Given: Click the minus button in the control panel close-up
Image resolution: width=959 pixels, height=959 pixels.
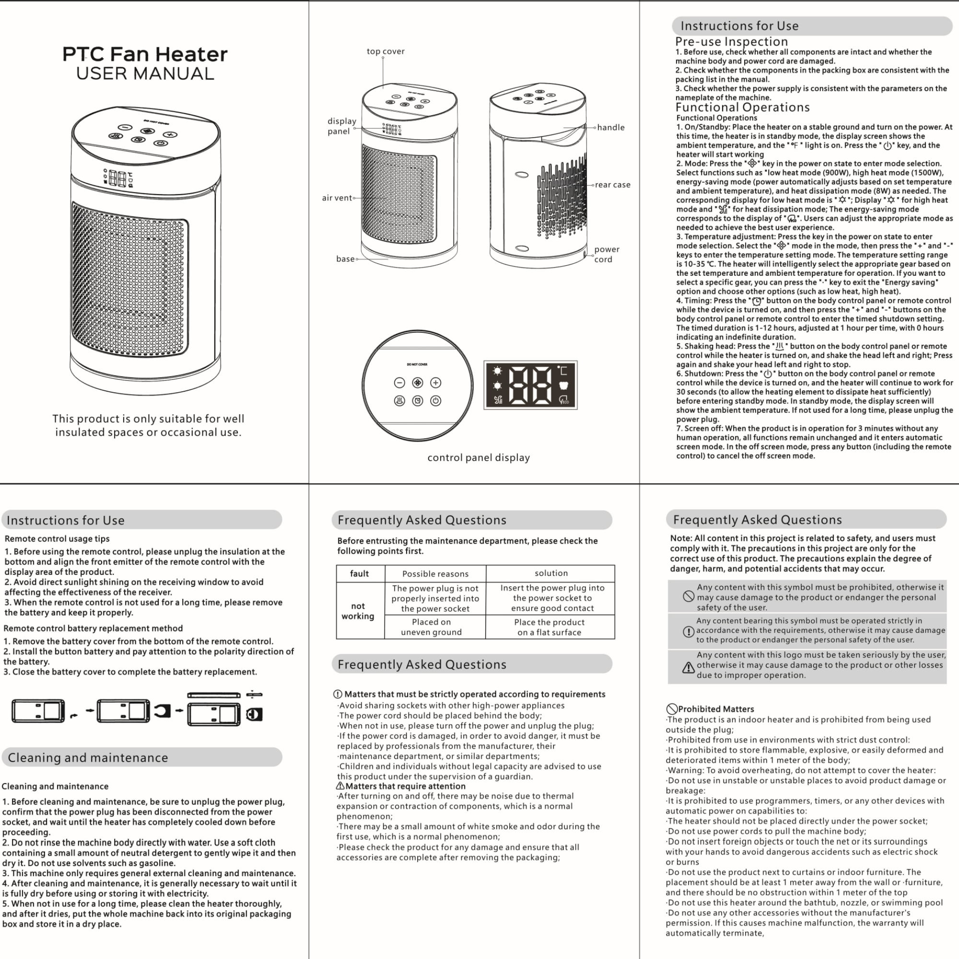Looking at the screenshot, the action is tap(399, 383).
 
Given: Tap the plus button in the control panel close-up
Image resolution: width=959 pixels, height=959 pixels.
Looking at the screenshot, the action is tap(435, 383).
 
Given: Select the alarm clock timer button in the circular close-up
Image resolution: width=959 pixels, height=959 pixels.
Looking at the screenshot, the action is tap(418, 400).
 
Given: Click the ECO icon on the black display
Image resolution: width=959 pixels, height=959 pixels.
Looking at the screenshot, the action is tap(564, 399).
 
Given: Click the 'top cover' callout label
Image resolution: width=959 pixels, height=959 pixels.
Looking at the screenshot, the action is tap(386, 51).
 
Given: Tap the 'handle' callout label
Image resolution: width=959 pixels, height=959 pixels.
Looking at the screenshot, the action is tap(611, 128).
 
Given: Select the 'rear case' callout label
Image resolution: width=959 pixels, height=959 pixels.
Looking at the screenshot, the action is tap(612, 185).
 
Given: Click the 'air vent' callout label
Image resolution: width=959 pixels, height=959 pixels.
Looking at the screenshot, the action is tap(337, 198).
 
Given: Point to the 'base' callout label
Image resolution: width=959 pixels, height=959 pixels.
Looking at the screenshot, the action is tap(345, 258).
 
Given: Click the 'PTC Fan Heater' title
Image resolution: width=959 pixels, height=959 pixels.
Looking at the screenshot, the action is tap(145, 54).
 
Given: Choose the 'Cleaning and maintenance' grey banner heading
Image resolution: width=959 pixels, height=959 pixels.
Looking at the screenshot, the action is tap(142, 757).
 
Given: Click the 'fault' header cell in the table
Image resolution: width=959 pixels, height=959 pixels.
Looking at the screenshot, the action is tap(359, 574).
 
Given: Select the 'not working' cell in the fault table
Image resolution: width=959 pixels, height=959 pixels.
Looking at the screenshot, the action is tap(358, 611).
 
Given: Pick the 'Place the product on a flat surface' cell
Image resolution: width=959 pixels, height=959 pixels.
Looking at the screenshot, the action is tap(550, 627).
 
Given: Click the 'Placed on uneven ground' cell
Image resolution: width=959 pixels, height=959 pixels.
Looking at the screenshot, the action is tap(432, 627).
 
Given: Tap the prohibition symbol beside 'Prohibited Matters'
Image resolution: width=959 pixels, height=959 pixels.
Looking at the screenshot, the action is tap(672, 709).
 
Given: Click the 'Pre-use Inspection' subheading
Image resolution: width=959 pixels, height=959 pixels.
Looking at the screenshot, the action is tap(732, 42).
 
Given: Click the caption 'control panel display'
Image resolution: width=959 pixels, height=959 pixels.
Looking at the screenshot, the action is tap(479, 457).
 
